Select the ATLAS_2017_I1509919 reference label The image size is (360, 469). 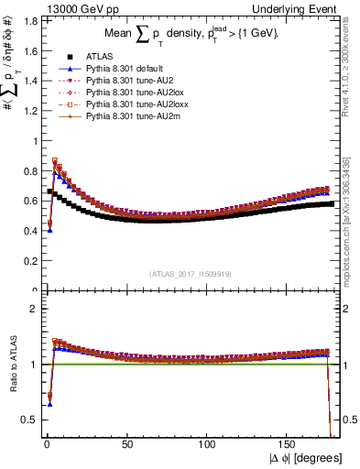[191, 273]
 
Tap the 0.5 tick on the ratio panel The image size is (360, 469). [29, 420]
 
